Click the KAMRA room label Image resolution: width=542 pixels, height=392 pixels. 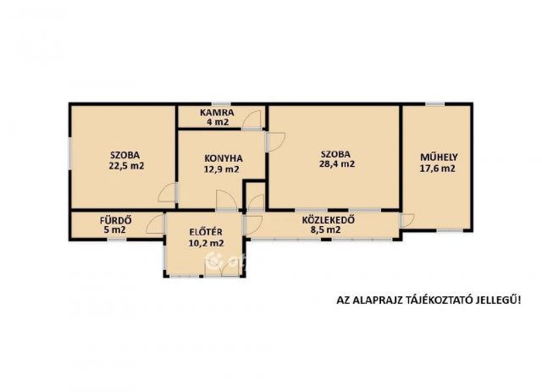[x=217, y=113]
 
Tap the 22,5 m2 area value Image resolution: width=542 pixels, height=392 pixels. [x=126, y=166]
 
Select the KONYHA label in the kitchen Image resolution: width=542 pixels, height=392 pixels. [x=224, y=158]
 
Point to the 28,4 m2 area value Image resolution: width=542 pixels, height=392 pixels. [x=337, y=164]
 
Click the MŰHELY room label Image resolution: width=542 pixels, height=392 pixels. [x=439, y=157]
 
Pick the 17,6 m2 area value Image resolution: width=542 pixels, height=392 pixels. [x=437, y=168]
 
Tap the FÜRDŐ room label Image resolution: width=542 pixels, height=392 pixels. [x=115, y=220]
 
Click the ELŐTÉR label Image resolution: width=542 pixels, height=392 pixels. [x=206, y=232]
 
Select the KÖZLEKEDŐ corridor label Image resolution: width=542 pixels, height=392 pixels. [x=328, y=220]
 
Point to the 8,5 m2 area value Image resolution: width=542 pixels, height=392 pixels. [x=325, y=230]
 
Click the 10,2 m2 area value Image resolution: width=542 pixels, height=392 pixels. [x=206, y=243]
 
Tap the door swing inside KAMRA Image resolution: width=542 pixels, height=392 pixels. [x=252, y=120]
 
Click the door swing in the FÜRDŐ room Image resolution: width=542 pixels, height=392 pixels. [x=155, y=224]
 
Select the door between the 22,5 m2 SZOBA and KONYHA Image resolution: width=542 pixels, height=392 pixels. [x=168, y=192]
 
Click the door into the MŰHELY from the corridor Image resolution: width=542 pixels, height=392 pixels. [x=406, y=220]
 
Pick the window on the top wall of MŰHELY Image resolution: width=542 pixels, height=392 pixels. [x=434, y=103]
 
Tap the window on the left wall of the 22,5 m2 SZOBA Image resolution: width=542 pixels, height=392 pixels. [x=70, y=154]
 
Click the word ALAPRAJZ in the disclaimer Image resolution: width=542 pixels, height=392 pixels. [x=376, y=300]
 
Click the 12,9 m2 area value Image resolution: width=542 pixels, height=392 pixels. [x=222, y=169]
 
